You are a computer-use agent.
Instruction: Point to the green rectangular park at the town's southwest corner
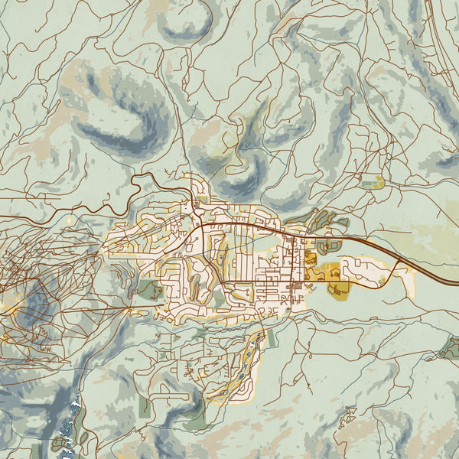point(151,290)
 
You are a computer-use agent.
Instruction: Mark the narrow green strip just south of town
point(270,337)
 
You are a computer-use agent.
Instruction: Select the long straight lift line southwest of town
point(115,313)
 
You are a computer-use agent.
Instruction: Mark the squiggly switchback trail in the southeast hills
point(348,417)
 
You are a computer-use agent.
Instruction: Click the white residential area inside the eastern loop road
point(360,270)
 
